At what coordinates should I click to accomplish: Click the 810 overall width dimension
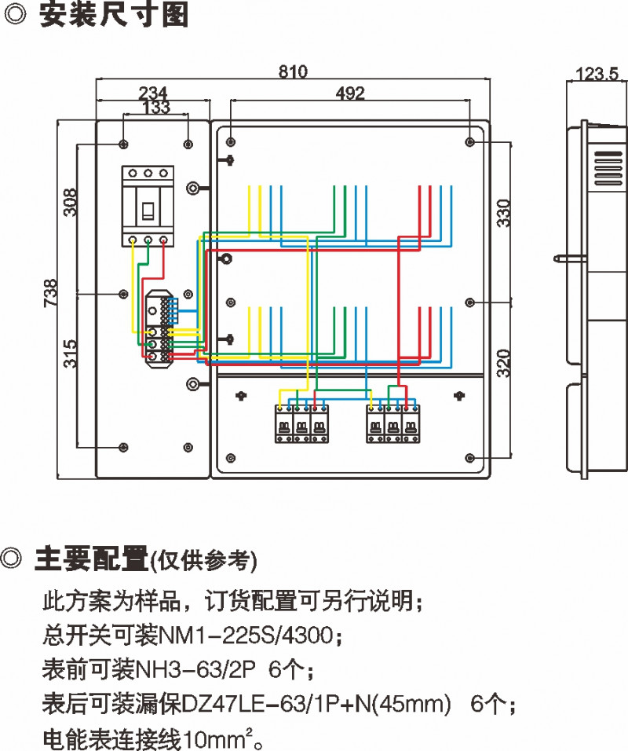[x=293, y=71]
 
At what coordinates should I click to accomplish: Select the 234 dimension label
[x=152, y=92]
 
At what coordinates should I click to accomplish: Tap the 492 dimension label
[x=350, y=93]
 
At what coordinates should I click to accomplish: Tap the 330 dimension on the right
[x=505, y=214]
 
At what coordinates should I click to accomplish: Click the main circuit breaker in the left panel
[x=147, y=207]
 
